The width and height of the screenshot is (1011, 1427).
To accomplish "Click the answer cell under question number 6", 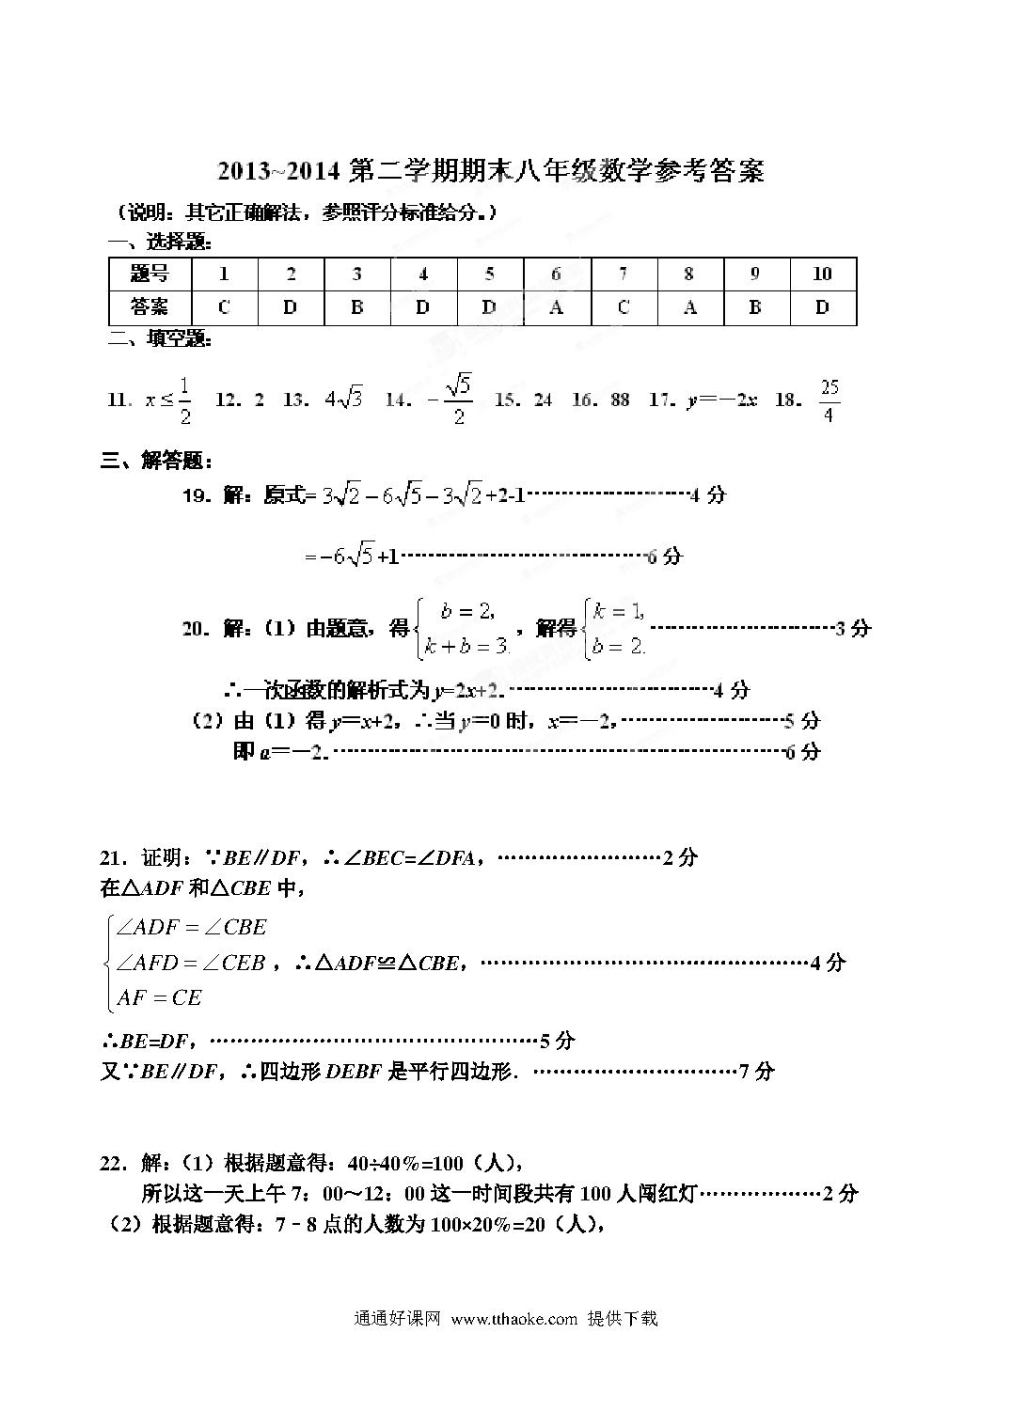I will (x=556, y=307).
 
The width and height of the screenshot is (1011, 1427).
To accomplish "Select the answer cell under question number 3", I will (x=356, y=307).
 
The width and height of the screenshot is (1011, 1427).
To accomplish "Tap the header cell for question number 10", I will (x=822, y=274).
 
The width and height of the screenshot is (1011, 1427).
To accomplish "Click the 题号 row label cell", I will (x=150, y=274).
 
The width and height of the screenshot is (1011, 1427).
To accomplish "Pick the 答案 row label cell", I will (x=150, y=307).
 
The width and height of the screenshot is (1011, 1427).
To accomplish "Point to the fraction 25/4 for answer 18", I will (x=829, y=400).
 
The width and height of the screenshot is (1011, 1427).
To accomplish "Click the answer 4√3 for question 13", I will (x=343, y=400).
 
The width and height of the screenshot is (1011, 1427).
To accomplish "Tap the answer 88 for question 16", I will (x=620, y=400).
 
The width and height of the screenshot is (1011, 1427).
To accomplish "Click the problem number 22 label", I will (x=116, y=1164).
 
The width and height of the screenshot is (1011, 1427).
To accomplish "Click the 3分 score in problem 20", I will (x=853, y=628).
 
